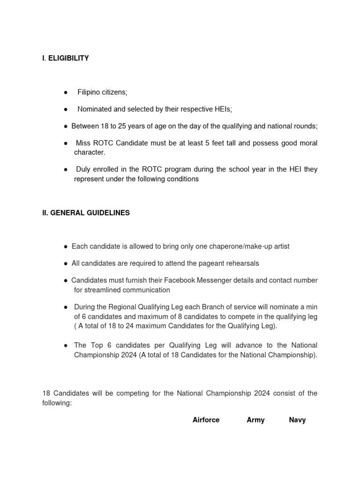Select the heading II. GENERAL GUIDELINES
coord(86,213)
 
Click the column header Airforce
coord(206,420)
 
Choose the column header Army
coord(255,420)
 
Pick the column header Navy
coord(297,420)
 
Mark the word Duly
coord(84,169)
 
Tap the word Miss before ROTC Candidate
coord(85,143)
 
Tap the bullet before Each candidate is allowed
coord(66,247)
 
